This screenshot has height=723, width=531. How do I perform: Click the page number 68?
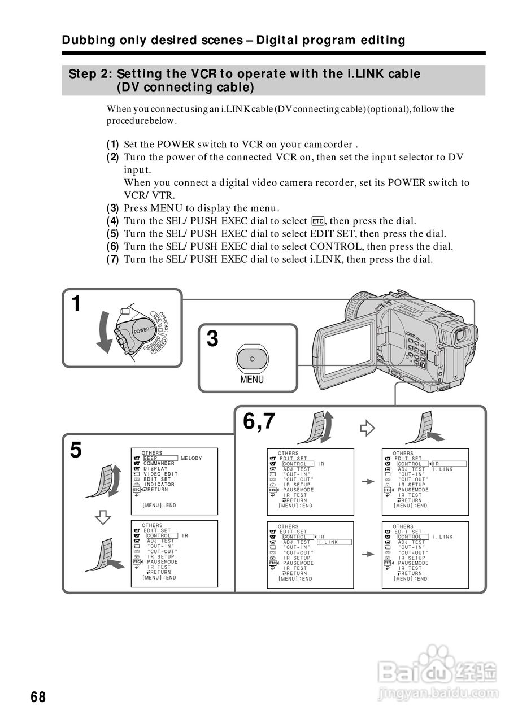tap(38, 697)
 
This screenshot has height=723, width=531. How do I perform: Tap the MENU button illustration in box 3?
tap(252, 359)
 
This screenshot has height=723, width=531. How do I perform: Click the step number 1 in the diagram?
tap(76, 304)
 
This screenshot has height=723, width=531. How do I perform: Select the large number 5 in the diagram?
tap(76, 450)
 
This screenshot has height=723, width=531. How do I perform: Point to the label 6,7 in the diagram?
tap(259, 421)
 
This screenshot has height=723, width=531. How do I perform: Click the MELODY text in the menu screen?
tap(191, 458)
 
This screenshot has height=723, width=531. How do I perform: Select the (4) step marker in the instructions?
tap(113, 221)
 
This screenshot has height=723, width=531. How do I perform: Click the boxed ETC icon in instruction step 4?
tap(317, 221)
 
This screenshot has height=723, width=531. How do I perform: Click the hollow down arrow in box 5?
tap(103, 517)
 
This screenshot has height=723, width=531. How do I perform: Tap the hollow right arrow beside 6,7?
tap(368, 429)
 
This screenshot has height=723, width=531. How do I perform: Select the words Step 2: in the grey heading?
tap(90, 74)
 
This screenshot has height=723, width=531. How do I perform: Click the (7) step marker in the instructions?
tap(113, 260)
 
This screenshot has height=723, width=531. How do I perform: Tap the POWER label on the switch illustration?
tap(142, 329)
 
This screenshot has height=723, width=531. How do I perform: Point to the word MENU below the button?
tap(252, 380)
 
